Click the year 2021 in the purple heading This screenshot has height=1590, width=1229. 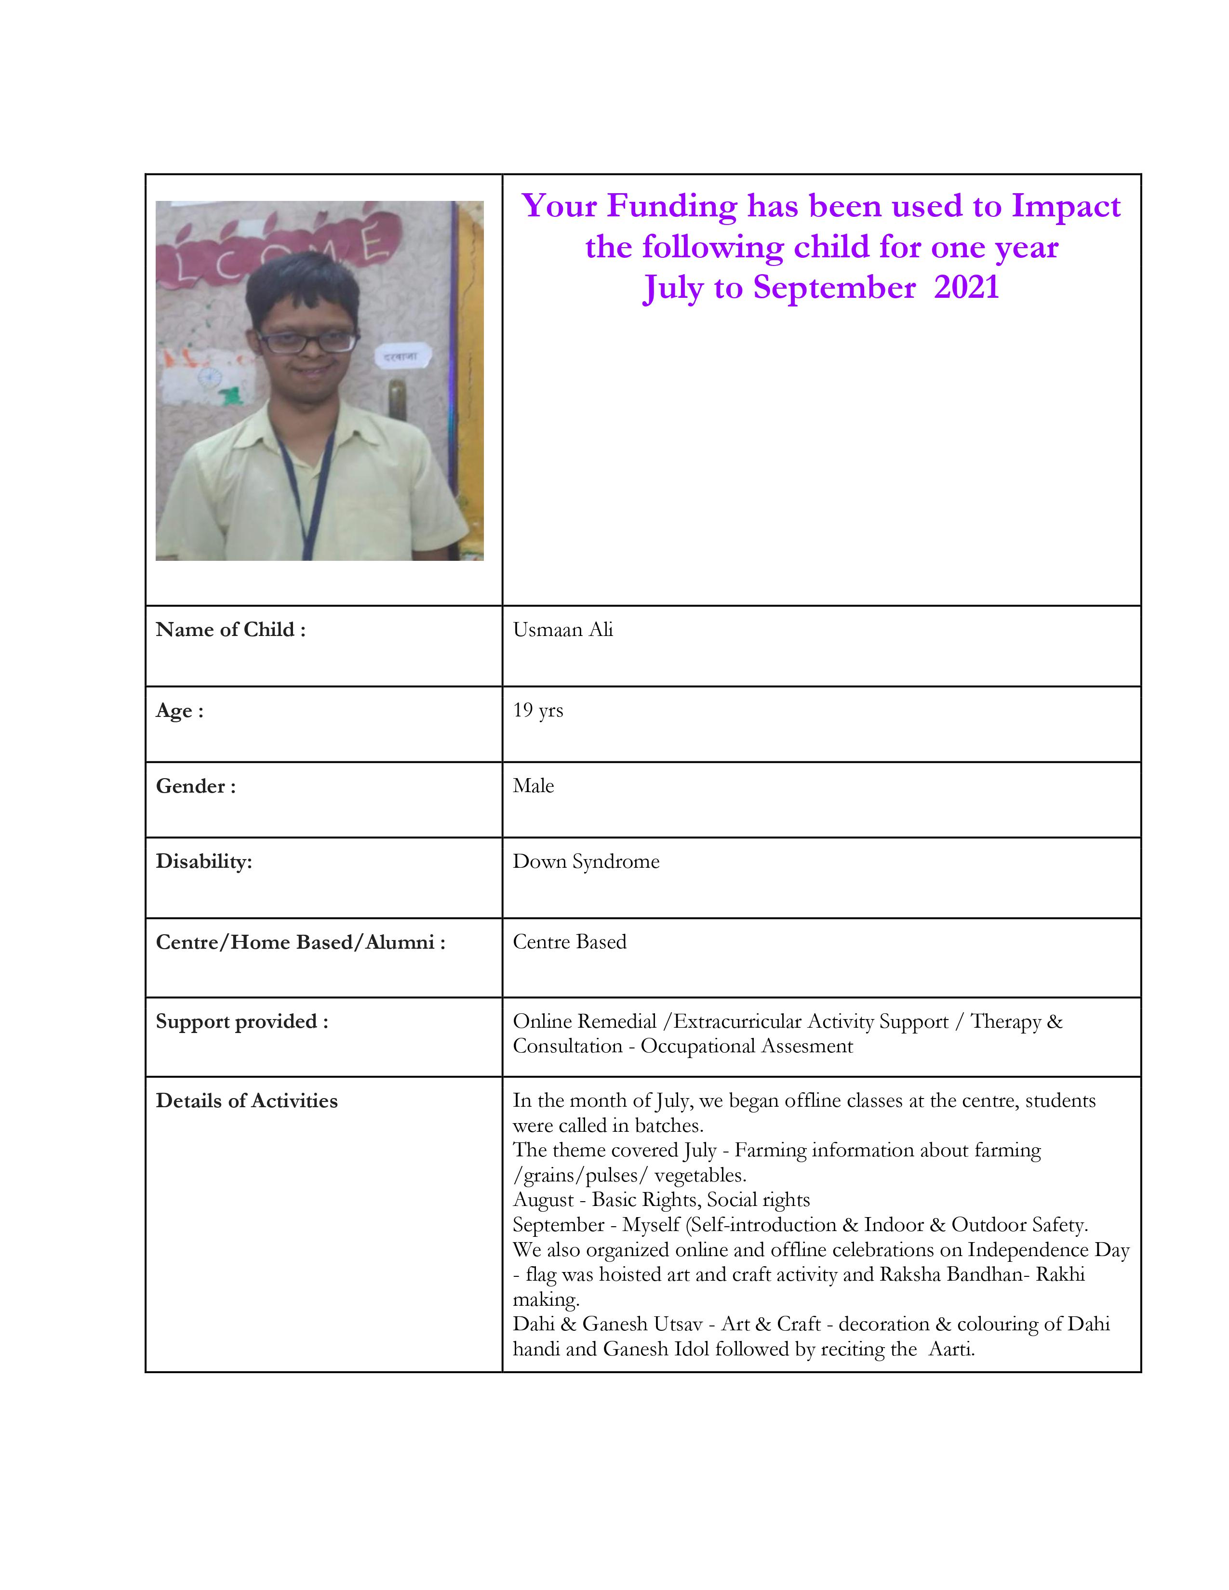966,288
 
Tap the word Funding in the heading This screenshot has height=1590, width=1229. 672,206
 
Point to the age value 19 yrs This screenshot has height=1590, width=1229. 537,711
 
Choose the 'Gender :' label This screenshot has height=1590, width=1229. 195,786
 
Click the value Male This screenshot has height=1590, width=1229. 533,786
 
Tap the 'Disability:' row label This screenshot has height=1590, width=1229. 204,862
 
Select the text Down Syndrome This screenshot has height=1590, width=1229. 586,862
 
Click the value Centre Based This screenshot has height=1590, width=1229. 569,942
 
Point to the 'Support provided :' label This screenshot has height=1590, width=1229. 242,1021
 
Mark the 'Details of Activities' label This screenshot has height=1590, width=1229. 247,1101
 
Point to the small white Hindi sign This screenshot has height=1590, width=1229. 402,357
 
